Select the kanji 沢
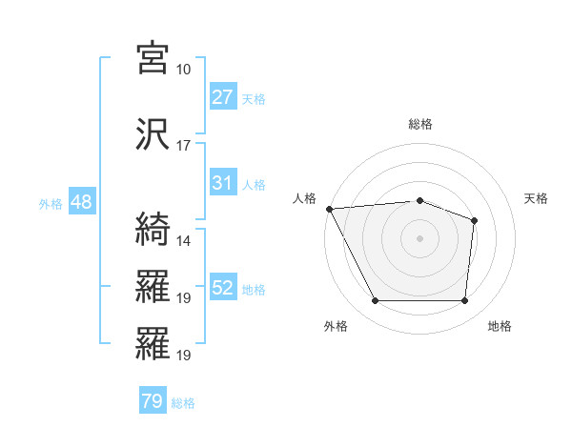153,133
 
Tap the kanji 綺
153,229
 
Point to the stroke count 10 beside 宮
183,70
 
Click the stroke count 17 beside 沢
183,146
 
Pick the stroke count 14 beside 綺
183,241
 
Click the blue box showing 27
222,97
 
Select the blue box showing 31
222,183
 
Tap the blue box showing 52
222,288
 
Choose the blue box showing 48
81,202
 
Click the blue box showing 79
152,402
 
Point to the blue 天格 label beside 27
254,98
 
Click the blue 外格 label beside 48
51,203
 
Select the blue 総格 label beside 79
183,403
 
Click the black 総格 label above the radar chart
419,124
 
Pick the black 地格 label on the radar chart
500,326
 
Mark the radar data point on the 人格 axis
329,209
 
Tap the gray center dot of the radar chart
419,237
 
